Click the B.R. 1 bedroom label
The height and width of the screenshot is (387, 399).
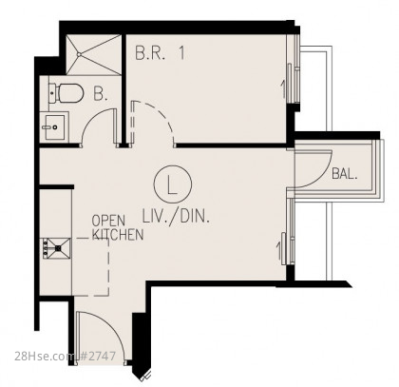coord(160,53)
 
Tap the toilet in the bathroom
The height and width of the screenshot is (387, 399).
coord(66,93)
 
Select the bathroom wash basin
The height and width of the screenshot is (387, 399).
coord(54,127)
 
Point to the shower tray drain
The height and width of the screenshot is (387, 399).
coord(79,54)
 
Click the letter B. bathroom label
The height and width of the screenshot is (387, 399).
coord(101,93)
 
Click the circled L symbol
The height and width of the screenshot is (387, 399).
coord(173,184)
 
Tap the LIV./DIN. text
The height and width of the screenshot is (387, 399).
coord(176,217)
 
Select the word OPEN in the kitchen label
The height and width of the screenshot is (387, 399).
coord(108,221)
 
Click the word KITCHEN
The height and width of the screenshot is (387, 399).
coord(118,235)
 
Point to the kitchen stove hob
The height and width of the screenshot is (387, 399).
coord(56,248)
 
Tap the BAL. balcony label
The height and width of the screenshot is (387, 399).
coord(345,174)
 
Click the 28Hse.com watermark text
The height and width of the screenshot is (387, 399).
coord(44,357)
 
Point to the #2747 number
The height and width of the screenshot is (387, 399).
coord(97,357)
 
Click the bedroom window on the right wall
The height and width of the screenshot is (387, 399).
coord(293,68)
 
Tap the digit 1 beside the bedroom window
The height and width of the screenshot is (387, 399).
coord(283,89)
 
